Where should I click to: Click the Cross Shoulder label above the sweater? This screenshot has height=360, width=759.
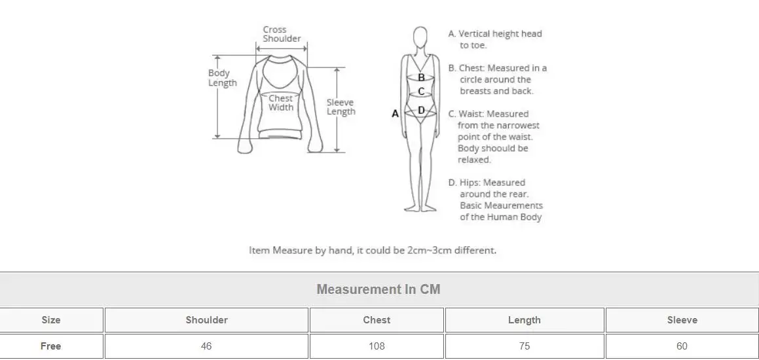point(282,34)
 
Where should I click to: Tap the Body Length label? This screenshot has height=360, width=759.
point(222,78)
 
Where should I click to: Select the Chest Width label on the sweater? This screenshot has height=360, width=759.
point(281,103)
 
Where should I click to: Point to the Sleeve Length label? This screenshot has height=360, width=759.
point(341,107)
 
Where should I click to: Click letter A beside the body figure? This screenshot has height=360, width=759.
point(395,114)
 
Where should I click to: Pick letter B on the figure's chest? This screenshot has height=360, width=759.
point(421,77)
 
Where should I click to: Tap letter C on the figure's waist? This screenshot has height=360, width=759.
point(421,92)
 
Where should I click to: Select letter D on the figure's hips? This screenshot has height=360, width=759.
point(421,110)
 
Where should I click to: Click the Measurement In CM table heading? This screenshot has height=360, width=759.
point(379,289)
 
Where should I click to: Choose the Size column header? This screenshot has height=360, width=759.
point(51,320)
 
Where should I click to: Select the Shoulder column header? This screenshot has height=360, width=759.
point(206,320)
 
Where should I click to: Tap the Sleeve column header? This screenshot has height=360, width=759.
point(682,320)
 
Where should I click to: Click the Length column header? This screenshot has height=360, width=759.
point(524,320)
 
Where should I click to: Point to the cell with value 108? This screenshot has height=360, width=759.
point(377,346)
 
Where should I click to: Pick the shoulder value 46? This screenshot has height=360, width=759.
point(206,346)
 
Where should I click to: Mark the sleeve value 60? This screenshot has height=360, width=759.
point(682,346)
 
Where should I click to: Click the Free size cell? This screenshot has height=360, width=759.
point(51,346)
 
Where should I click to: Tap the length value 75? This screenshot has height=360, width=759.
point(524,346)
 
